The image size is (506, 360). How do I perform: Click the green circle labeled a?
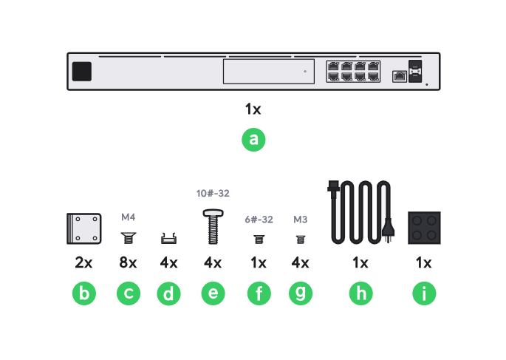[x=253, y=140]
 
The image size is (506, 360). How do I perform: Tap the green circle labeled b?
[x=83, y=293]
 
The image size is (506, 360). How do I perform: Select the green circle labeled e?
[x=213, y=293]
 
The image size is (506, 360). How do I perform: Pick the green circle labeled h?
[x=360, y=293]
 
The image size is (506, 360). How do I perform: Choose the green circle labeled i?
[x=424, y=293]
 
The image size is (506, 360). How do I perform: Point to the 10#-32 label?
[x=213, y=194]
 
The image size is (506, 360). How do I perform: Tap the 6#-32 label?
[x=259, y=220]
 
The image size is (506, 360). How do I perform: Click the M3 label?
[x=300, y=220]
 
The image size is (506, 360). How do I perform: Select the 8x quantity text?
[x=129, y=263]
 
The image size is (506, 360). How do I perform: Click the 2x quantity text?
[x=83, y=263]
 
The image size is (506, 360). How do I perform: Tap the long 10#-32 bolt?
[x=213, y=225]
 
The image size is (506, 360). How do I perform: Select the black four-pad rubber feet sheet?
[x=424, y=228]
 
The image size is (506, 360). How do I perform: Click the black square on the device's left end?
[x=82, y=72]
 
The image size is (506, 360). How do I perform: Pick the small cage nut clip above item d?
[x=170, y=238]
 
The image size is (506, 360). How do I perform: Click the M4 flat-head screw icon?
[x=129, y=237]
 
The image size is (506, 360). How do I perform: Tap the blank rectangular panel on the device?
[x=268, y=72]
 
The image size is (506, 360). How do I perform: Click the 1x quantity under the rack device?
[x=253, y=109]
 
